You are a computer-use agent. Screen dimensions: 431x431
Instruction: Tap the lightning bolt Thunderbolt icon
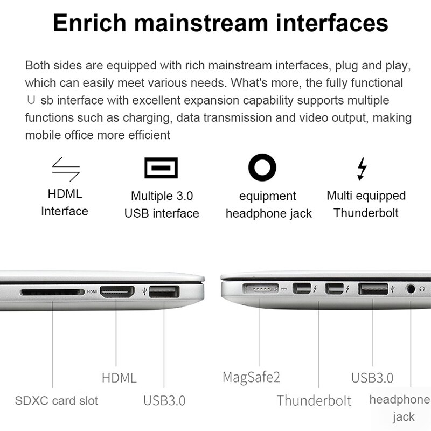[x=362, y=169]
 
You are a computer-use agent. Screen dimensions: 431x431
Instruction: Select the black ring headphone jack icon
[x=262, y=168]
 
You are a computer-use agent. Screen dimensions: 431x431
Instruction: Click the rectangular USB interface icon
[x=161, y=168]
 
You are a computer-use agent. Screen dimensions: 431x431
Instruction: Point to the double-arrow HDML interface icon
[x=66, y=168]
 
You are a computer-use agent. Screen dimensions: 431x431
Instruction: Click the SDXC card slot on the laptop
[x=52, y=293]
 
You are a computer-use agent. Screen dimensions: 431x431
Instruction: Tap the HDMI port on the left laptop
[x=117, y=293]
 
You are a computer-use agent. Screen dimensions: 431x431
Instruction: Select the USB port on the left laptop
[x=164, y=293]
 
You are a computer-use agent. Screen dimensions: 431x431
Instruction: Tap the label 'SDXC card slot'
[x=57, y=401]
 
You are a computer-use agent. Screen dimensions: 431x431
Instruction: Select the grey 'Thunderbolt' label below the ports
[x=314, y=400]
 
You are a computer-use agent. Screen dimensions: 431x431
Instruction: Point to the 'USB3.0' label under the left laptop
[x=164, y=401]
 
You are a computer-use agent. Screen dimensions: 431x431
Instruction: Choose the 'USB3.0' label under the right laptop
[x=372, y=377]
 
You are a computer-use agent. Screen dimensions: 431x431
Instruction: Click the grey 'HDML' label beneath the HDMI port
[x=119, y=377]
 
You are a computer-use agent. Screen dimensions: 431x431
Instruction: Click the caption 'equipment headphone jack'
[x=268, y=205]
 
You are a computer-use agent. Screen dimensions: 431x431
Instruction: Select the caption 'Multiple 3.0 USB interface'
[x=162, y=205]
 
